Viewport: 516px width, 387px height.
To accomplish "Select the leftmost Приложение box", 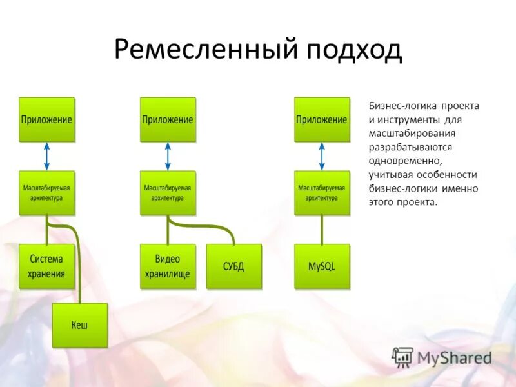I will [46, 119].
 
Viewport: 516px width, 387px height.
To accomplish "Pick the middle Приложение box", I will [168, 119].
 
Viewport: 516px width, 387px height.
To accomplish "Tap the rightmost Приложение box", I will [322, 119].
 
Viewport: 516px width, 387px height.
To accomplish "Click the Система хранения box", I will [46, 266].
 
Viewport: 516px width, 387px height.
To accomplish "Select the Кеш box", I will [79, 324].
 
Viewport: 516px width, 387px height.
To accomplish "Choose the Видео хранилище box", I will [168, 266].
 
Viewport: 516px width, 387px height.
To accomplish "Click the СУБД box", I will [233, 266].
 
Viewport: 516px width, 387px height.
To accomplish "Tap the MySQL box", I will [322, 266].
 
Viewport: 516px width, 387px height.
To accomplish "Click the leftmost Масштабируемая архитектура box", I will [46, 193].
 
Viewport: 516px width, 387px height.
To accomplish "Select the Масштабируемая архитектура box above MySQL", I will [322, 193].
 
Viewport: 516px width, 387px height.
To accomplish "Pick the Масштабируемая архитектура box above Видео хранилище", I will [168, 193].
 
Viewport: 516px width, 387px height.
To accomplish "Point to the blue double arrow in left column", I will [46, 157].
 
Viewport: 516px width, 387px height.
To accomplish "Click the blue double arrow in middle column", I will [168, 157].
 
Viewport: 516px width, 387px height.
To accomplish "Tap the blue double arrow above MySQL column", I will [322, 157].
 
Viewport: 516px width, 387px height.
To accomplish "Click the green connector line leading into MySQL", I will [322, 230].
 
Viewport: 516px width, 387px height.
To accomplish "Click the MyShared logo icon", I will [402, 357].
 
